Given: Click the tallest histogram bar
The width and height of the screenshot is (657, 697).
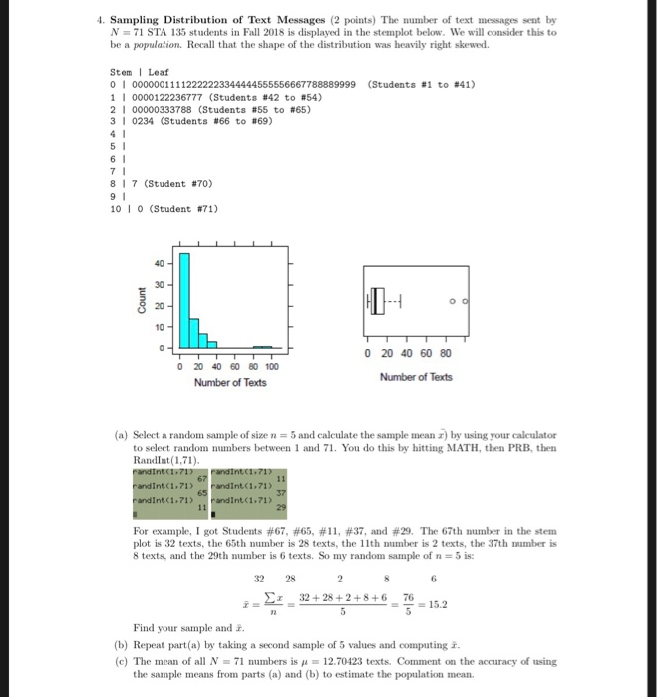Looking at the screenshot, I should click(183, 299).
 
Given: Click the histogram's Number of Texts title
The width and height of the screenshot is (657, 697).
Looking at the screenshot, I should click(230, 383).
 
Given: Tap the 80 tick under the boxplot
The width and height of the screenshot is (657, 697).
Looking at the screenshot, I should click(445, 353).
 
